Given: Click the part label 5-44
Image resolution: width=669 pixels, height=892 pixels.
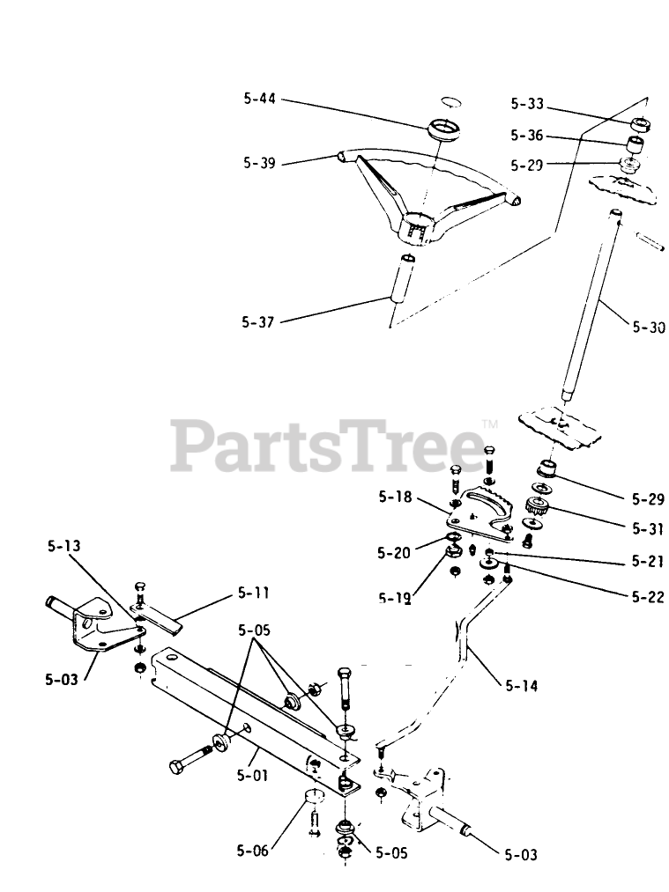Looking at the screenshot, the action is coord(260,100).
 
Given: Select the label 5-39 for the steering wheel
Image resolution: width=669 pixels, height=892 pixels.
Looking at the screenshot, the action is coord(260,163).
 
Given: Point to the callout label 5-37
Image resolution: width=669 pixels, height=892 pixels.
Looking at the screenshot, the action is coord(258,322).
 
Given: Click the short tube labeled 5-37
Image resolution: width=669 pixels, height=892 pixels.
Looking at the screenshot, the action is coord(402,278).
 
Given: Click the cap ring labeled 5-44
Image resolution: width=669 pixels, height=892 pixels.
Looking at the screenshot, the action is coord(445,128).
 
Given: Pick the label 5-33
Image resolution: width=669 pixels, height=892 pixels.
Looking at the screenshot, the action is coord(527,104).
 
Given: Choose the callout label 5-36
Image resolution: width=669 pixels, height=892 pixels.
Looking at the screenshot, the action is coord(527,136).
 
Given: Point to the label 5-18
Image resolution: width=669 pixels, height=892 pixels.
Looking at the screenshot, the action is coord(396,497).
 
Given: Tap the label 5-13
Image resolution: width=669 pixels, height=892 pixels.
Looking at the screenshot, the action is coord(63,546).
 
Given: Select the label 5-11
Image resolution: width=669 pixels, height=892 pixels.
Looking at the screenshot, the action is coord(254,594).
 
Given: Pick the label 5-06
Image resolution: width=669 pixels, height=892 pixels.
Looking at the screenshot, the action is coord(253,852).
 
